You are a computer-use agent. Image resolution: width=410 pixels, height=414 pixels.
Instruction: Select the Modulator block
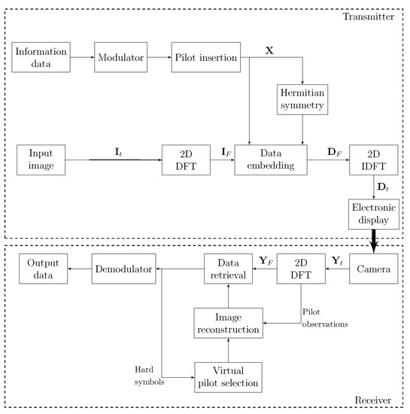(119, 59)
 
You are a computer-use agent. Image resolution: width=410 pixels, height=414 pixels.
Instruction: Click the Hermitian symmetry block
(302, 99)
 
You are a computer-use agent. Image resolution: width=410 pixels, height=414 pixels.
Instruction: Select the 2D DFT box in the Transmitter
(186, 160)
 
